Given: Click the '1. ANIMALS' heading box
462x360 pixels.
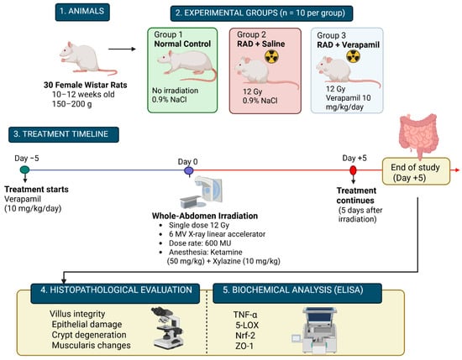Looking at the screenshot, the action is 82,12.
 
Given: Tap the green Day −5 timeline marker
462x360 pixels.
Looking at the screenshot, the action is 24,170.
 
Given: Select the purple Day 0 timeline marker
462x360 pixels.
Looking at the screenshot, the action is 188,170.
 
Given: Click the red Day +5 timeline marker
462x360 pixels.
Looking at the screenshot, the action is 353,170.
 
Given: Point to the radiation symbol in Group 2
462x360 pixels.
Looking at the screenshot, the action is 271,56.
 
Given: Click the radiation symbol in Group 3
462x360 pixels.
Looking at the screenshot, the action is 353,56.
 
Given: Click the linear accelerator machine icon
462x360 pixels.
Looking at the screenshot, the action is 202,192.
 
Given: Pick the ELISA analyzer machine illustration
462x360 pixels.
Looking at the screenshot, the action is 316,330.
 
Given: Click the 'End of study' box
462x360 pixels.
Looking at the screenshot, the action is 416,172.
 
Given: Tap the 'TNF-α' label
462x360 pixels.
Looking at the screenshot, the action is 245,315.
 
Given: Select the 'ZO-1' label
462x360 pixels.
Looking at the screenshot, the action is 244,346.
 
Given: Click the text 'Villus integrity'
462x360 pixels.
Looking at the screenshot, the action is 77,314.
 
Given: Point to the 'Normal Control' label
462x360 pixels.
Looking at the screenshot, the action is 182,44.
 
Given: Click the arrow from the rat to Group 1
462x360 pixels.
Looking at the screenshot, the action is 122,49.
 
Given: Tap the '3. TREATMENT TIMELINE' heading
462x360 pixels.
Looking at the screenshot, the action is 64,134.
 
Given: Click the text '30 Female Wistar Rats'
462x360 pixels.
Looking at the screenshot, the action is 86,85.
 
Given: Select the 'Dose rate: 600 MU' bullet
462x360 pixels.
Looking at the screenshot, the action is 200,243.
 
